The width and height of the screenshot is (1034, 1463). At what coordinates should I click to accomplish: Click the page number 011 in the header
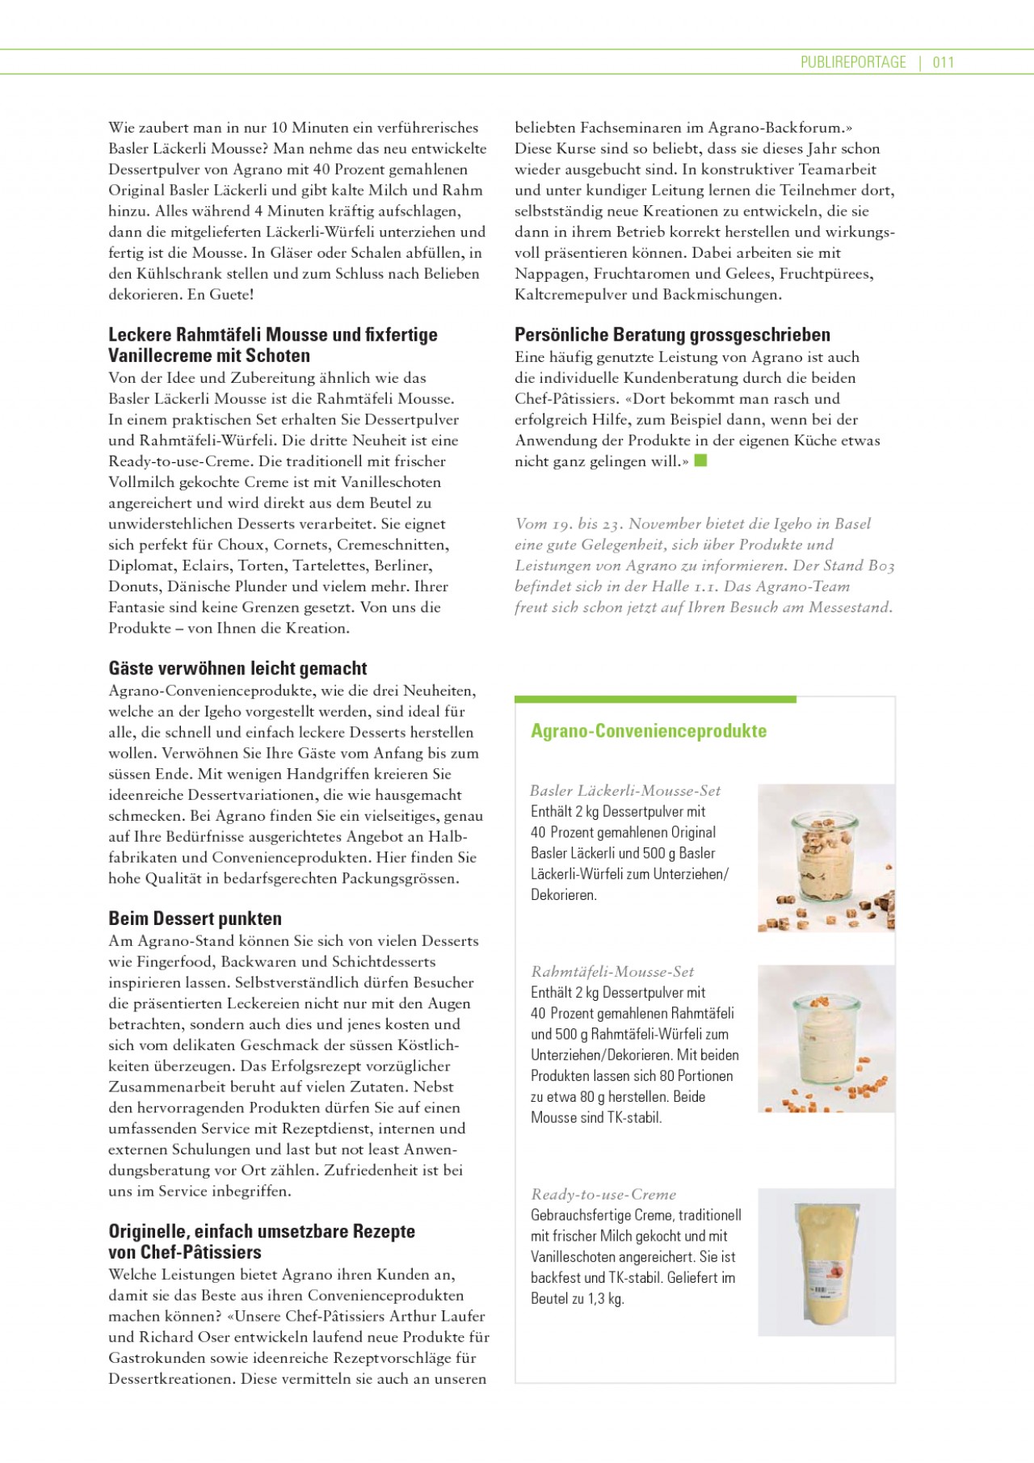(x=944, y=62)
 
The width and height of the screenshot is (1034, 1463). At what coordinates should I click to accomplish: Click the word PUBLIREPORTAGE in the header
(x=853, y=62)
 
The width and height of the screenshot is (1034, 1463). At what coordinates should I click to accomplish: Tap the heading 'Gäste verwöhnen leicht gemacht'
(x=237, y=668)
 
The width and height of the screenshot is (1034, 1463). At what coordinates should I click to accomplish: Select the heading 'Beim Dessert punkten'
(x=195, y=919)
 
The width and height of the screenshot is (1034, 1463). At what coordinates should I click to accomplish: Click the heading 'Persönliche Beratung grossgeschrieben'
(x=672, y=334)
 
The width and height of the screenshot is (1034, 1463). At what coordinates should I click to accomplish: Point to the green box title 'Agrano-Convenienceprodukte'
(x=648, y=731)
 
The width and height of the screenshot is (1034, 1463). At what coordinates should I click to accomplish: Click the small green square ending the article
(x=700, y=460)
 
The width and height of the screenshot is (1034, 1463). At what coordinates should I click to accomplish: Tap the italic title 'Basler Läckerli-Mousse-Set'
(x=625, y=791)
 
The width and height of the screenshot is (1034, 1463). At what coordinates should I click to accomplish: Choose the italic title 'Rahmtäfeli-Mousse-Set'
(x=612, y=972)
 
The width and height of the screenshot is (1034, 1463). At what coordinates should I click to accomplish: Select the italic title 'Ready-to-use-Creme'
(x=603, y=1194)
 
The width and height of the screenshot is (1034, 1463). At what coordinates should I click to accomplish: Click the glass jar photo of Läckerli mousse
(x=826, y=858)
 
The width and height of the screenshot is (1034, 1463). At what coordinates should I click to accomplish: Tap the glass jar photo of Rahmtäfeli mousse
(x=826, y=1039)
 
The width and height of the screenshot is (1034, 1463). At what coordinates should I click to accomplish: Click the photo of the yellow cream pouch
(x=826, y=1262)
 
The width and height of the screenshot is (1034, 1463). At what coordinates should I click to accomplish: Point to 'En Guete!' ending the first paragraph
(x=221, y=295)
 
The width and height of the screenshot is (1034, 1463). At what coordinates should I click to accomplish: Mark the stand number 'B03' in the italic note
(x=881, y=565)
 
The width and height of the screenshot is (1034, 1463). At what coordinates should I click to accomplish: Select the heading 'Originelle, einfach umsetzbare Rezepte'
(x=262, y=1231)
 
